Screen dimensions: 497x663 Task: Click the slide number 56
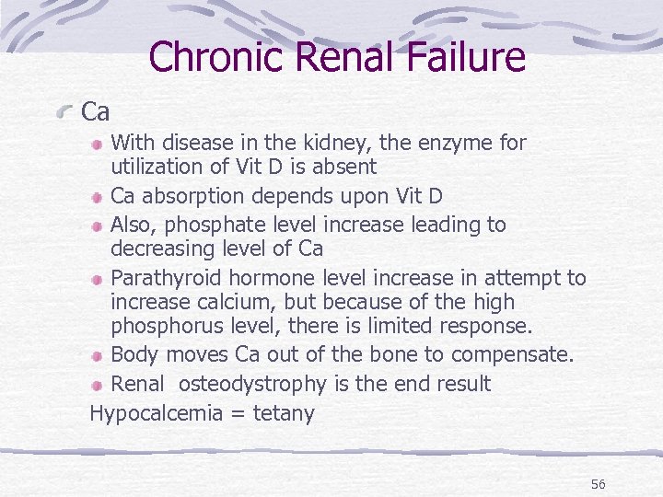pos(599,485)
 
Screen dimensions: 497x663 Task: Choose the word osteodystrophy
pos(252,384)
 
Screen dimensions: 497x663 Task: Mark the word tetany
pos(283,414)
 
